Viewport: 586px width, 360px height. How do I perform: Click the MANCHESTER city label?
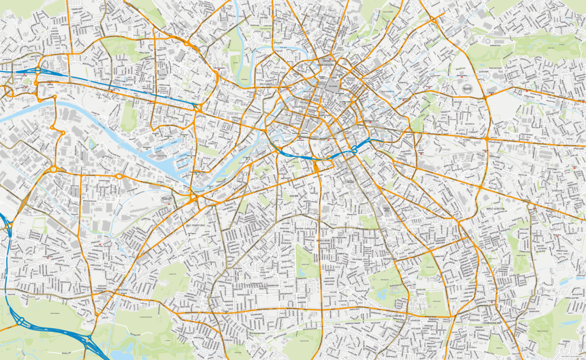tap(325, 65)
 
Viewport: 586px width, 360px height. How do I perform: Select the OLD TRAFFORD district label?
tap(196, 225)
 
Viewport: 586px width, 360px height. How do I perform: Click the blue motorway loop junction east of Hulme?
tap(354, 148)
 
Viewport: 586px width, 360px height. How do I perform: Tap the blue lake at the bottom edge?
tap(124, 353)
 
